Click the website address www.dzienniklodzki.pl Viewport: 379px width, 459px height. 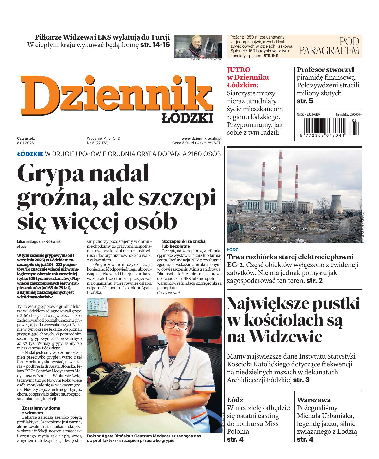pyautogui.click(x=201, y=138)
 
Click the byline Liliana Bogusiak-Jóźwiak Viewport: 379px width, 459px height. pyautogui.click(x=39, y=241)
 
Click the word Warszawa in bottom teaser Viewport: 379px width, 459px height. pyautogui.click(x=314, y=399)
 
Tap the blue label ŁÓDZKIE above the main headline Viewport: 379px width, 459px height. pyautogui.click(x=30, y=154)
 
